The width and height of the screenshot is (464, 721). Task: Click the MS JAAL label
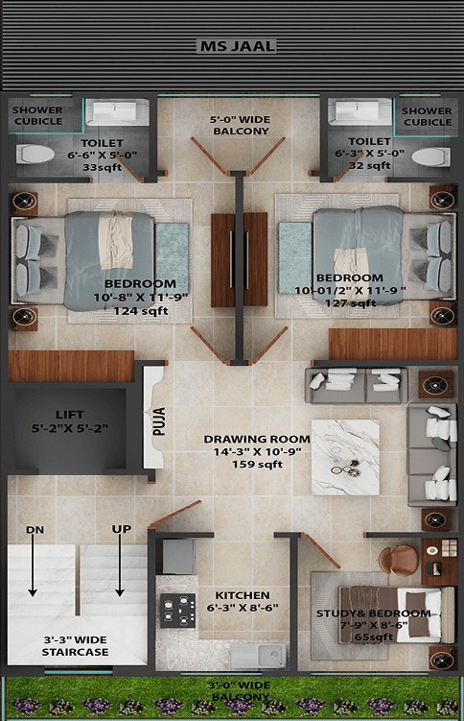238,46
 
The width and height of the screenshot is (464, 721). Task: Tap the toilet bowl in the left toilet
35,154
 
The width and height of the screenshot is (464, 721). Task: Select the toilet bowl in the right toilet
431,156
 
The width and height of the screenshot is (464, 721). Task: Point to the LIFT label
70,415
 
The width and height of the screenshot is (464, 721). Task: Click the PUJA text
159,421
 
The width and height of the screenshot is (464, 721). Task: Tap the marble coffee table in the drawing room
345,457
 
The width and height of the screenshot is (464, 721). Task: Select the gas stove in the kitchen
177,611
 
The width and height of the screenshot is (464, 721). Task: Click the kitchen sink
258,656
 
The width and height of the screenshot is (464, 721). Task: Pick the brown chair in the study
399,560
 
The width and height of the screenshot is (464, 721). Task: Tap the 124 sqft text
140,311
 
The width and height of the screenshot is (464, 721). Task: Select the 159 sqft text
257,465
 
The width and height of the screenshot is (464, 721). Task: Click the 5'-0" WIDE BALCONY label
241,126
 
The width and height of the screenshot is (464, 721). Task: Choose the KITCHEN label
243,595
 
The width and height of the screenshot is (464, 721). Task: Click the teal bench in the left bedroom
172,257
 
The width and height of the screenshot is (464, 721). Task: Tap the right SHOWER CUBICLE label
428,117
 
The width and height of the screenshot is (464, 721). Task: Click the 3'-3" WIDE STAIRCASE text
76,646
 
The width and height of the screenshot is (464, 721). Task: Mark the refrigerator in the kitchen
179,557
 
